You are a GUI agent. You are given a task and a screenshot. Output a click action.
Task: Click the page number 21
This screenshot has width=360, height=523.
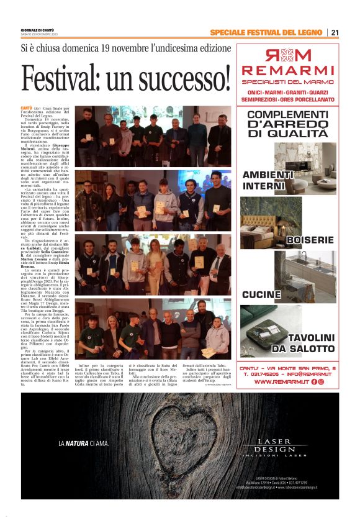335,32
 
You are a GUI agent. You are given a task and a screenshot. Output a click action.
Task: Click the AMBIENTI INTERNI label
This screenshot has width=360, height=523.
268,180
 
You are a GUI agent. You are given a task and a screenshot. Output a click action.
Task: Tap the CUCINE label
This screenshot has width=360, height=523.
261,294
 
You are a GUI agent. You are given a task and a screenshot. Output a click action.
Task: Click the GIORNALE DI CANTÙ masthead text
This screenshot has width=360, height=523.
39,30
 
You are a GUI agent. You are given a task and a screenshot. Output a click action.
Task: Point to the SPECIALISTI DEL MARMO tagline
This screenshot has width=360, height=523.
287,81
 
